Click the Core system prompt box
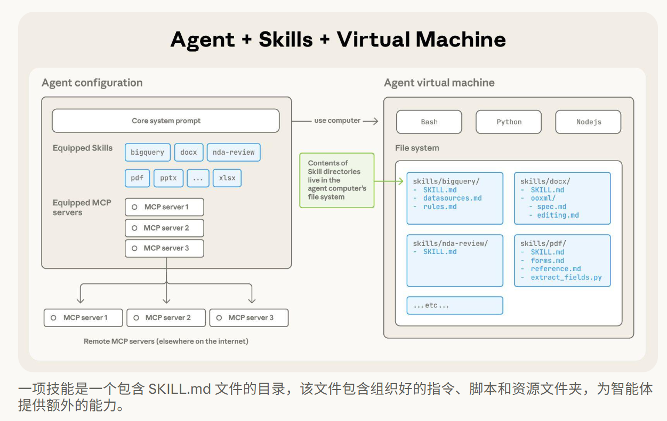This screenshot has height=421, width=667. coord(166,121)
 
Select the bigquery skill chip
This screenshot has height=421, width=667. coord(148,152)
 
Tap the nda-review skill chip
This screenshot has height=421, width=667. coord(234,152)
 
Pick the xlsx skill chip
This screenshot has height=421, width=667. coord(227,178)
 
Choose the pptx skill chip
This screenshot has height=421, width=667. coord(168,178)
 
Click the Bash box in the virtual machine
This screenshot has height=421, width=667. coord(429,122)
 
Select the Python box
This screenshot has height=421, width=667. coord(509,122)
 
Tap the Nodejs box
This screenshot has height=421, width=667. coord(588,122)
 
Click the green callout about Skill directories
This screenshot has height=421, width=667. coord(337,180)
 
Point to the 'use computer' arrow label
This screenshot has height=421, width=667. coord(337,121)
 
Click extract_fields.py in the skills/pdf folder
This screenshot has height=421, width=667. coord(566,277)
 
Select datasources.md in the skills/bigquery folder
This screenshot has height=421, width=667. coord(453,198)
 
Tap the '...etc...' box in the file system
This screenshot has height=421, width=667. coord(455,306)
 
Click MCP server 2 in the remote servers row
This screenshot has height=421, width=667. coord(166,318)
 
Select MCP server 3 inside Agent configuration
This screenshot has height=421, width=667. coord(164,248)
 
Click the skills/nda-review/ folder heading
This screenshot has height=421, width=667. coord(451,243)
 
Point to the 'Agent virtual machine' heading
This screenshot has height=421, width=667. coord(439,83)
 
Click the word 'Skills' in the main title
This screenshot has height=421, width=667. coord(286,39)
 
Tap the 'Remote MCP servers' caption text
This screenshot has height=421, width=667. coord(166,341)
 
